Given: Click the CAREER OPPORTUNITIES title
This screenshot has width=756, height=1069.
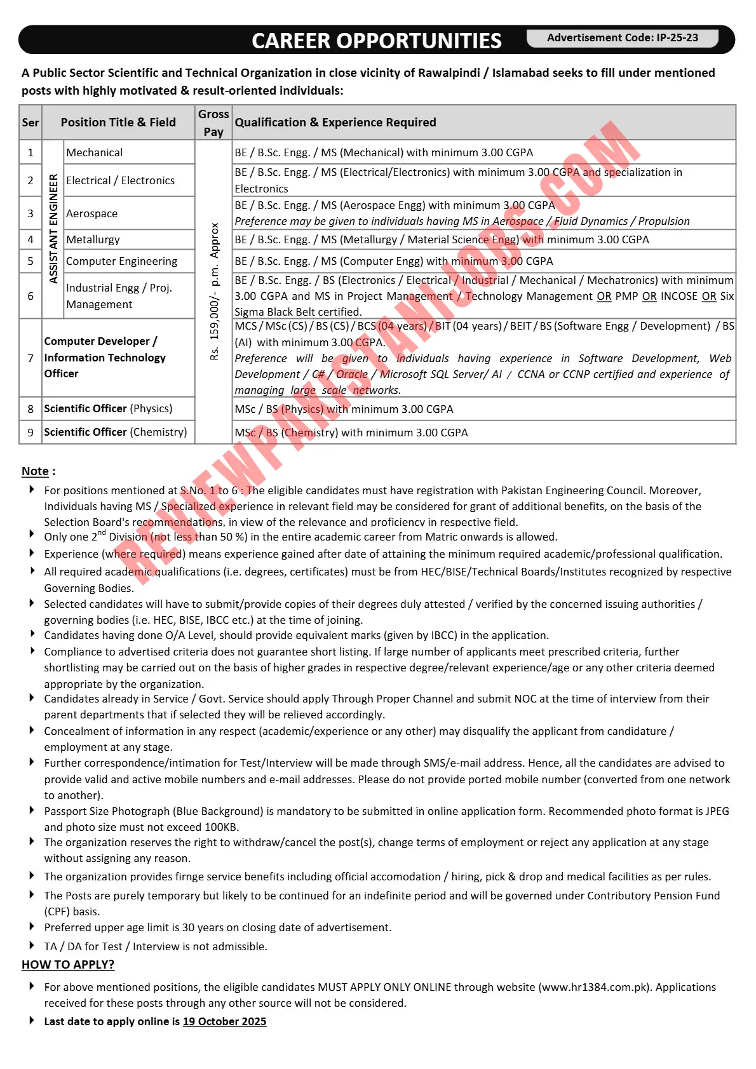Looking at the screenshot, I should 376,41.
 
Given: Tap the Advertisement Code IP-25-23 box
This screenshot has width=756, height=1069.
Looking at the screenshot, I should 622,38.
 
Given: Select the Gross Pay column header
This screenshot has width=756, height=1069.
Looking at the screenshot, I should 213,123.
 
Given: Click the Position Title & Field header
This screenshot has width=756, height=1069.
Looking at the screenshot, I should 118,123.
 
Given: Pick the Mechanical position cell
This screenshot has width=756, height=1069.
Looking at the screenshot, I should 95,152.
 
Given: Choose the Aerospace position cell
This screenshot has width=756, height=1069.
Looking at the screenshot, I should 92,213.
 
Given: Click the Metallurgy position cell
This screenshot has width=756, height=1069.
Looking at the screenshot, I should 93,239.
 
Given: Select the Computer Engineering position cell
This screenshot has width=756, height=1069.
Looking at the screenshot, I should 121,261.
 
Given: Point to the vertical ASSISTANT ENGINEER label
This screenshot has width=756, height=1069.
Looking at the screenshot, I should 53,229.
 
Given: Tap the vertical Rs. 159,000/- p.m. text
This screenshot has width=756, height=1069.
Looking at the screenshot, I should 214,292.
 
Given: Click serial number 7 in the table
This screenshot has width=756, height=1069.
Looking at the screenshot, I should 30,358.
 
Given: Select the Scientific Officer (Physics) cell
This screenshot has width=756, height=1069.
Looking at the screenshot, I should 108,408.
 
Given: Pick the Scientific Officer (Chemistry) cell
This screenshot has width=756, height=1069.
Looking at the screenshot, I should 115,432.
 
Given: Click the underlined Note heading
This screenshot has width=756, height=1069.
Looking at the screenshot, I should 36,471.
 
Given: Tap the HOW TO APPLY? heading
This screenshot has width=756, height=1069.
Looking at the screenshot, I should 68,965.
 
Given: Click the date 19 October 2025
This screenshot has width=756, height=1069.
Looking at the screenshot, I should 224,1021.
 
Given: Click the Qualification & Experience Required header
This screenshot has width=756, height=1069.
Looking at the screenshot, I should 335,123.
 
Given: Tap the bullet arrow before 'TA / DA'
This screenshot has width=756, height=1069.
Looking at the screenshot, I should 32,946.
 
